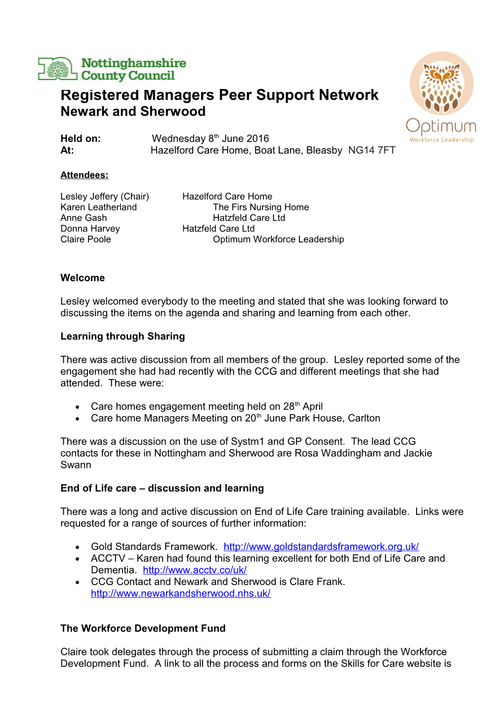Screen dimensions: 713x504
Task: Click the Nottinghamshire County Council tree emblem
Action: click(x=58, y=69)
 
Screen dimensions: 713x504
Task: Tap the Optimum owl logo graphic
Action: click(x=441, y=84)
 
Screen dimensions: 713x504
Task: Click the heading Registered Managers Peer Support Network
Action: click(x=219, y=95)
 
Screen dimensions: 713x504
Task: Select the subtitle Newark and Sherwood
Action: click(x=133, y=112)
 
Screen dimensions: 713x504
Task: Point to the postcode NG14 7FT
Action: click(x=372, y=151)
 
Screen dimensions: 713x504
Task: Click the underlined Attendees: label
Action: click(x=84, y=175)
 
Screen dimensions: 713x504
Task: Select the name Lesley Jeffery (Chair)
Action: click(x=105, y=197)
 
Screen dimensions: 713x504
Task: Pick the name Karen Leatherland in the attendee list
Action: click(x=98, y=208)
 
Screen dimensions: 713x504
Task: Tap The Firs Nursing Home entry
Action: click(x=260, y=208)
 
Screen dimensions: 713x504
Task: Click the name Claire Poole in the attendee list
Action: click(x=85, y=240)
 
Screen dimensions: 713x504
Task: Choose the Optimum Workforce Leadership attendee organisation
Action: click(x=278, y=240)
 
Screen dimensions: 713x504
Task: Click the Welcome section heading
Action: click(x=83, y=278)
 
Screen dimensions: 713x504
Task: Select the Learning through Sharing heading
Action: click(x=123, y=336)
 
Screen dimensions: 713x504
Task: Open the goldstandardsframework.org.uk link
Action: click(x=321, y=547)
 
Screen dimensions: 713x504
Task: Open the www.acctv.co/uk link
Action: click(x=195, y=570)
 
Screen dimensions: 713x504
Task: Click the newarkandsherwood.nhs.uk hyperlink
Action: click(x=180, y=594)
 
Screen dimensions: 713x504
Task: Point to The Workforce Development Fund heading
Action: click(x=143, y=629)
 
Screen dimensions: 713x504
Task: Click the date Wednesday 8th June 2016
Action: click(x=210, y=139)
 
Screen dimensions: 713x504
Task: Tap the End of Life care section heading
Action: click(x=162, y=489)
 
